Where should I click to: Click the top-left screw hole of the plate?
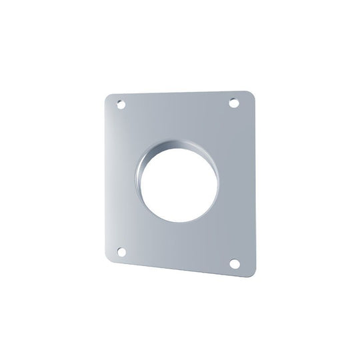(x=120, y=105)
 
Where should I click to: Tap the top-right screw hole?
(x=234, y=103)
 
